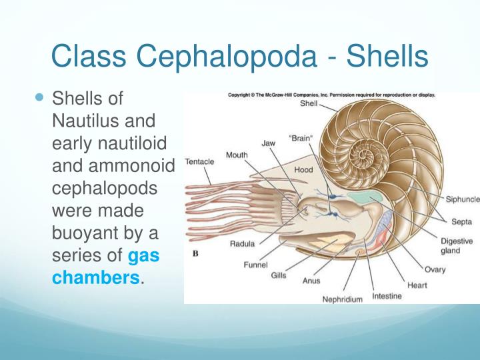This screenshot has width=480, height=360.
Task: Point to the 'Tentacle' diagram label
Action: click(x=201, y=161)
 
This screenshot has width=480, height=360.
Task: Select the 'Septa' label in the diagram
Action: click(x=459, y=222)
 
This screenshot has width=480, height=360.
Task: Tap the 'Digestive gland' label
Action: click(x=456, y=246)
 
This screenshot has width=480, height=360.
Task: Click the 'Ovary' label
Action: click(x=435, y=269)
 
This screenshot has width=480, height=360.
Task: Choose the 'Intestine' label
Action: click(x=387, y=295)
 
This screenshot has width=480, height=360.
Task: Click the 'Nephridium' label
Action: click(x=343, y=299)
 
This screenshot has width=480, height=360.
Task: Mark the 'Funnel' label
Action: click(x=256, y=264)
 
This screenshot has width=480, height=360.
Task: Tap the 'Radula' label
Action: click(x=242, y=243)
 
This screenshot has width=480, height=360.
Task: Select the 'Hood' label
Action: click(x=303, y=170)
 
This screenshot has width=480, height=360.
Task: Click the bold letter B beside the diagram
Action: click(x=196, y=253)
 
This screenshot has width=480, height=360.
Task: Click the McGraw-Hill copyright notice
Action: click(x=331, y=95)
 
